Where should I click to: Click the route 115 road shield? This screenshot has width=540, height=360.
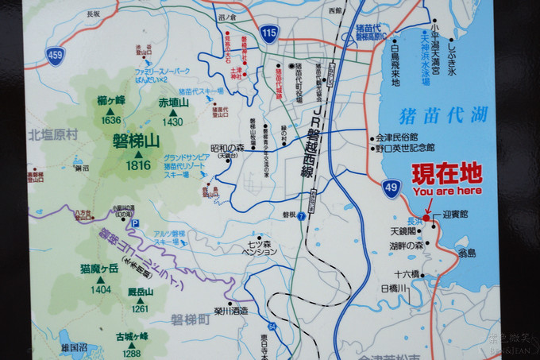pyautogui.click(x=269, y=33)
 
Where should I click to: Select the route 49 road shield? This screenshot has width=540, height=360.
pyautogui.click(x=391, y=188)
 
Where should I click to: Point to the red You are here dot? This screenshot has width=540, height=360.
pyautogui.click(x=426, y=218)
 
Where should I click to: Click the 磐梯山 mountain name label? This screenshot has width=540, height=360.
pyautogui.click(x=137, y=141)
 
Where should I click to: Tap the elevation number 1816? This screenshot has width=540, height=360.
pyautogui.click(x=138, y=165)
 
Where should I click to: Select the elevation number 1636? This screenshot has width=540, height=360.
pyautogui.click(x=111, y=120)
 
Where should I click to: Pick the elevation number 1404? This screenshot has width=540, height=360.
pyautogui.click(x=101, y=290)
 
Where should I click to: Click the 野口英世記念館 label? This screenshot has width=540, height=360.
pyautogui.click(x=407, y=147)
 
